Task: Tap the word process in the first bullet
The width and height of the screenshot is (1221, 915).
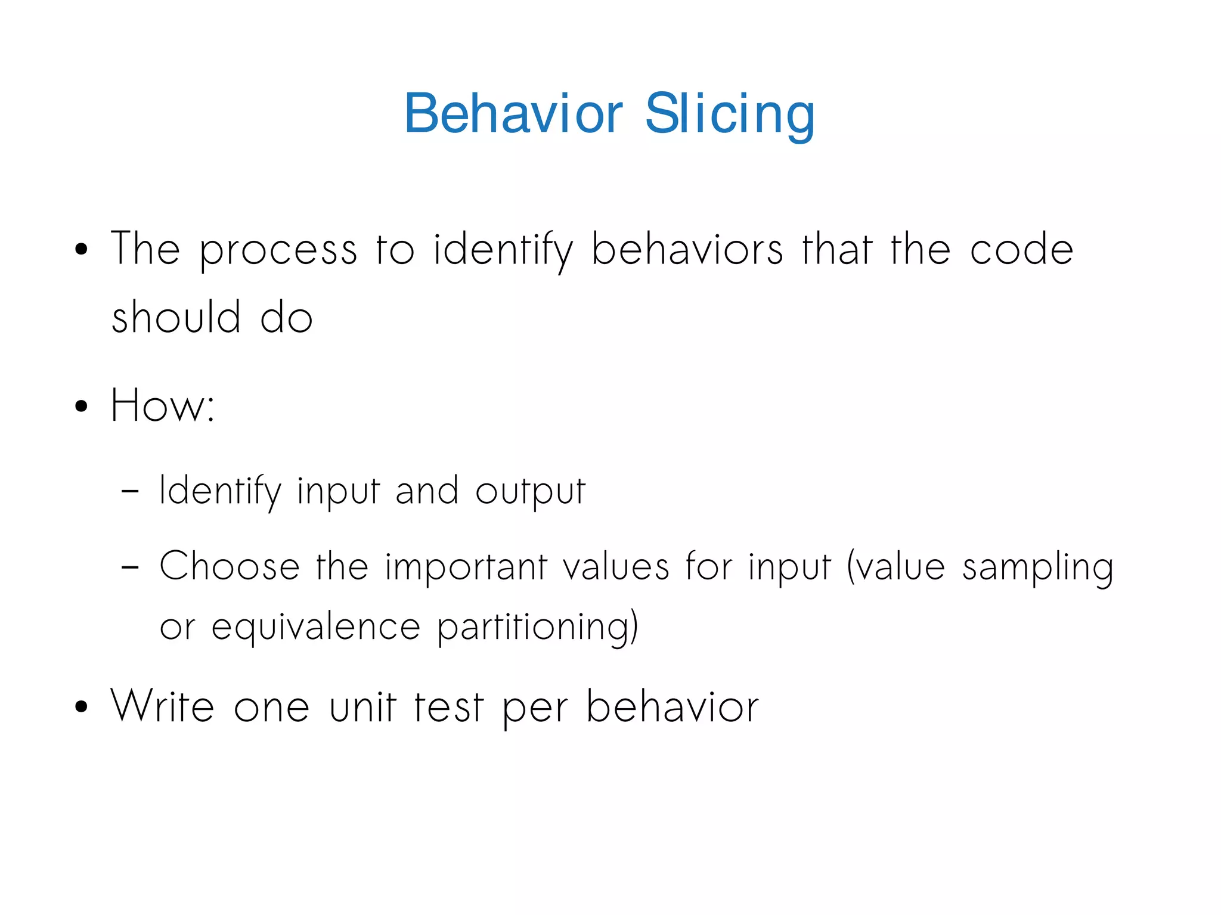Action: click(x=278, y=250)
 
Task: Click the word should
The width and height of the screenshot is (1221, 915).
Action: click(x=176, y=317)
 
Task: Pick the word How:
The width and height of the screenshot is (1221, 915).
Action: click(x=163, y=405)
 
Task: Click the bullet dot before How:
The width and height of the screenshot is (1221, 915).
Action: click(x=82, y=407)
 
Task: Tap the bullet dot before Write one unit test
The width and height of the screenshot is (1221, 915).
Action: click(x=82, y=708)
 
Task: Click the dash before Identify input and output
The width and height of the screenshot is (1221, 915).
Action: click(x=130, y=492)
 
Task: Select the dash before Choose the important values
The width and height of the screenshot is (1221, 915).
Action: click(x=130, y=568)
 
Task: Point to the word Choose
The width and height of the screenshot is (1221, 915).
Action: click(x=230, y=566)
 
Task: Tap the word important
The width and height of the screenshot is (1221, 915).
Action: click(x=466, y=567)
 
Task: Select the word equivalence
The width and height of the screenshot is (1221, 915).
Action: click(x=316, y=628)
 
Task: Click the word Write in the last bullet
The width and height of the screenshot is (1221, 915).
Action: click(x=162, y=706)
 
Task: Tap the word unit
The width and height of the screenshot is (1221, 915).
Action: click(x=362, y=706)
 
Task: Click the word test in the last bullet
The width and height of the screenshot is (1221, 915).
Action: click(x=448, y=706)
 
